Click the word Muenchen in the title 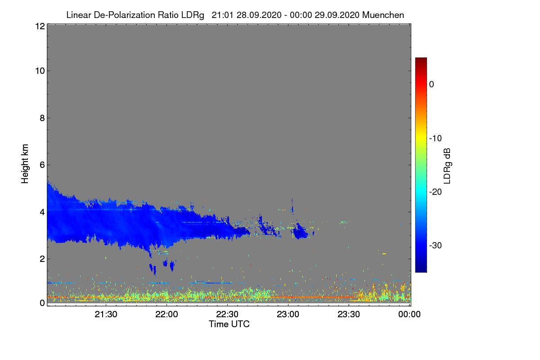(383, 15)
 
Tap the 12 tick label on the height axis (39, 26)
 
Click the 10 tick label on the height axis (39, 71)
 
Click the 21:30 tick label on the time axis (106, 315)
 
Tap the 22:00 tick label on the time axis (166, 315)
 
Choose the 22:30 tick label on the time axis (227, 315)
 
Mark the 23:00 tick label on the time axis (288, 315)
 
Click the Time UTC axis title (229, 324)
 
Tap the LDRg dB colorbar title (447, 166)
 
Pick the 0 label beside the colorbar (432, 84)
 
